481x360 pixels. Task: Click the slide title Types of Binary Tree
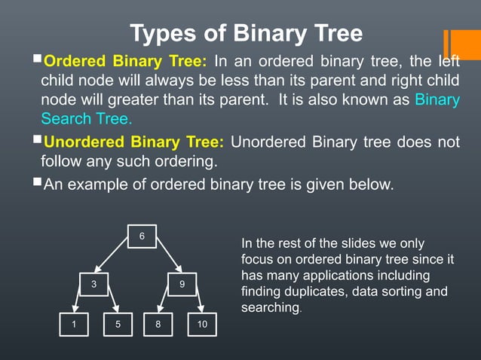(246, 34)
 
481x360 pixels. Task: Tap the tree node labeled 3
(93, 284)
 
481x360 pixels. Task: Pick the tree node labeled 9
(182, 284)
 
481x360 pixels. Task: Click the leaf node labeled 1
(75, 325)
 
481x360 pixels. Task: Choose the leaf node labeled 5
(118, 325)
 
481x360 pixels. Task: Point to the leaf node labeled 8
(157, 325)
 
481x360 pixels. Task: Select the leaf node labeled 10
(201, 325)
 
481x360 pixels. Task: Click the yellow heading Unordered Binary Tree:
(134, 142)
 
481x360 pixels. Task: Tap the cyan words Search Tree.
(86, 119)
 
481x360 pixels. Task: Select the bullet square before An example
(38, 183)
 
